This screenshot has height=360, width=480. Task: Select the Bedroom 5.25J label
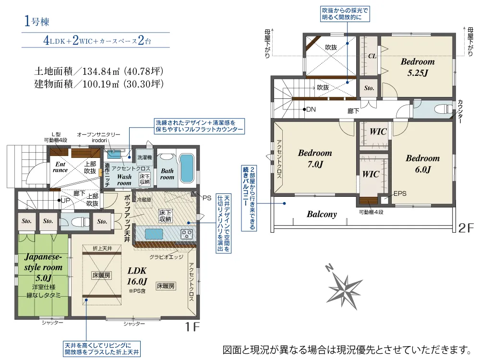pyautogui.click(x=418, y=67)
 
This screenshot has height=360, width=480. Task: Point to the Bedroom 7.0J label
pyautogui.click(x=315, y=158)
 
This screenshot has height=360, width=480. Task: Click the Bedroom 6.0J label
pyautogui.click(x=423, y=164)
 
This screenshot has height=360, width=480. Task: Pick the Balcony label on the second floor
pyautogui.click(x=322, y=214)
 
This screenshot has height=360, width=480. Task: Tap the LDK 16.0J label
pyautogui.click(x=137, y=276)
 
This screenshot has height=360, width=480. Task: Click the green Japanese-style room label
pyautogui.click(x=43, y=267)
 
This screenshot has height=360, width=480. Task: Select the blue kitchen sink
pyautogui.click(x=154, y=234)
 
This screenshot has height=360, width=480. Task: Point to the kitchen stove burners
pyautogui.click(x=186, y=234)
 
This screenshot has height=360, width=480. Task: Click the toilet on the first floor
pyautogui.click(x=76, y=221)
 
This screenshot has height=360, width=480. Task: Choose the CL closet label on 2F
pyautogui.click(x=372, y=56)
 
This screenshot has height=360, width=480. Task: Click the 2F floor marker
pyautogui.click(x=466, y=228)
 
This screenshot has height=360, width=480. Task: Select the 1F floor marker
pyautogui.click(x=192, y=326)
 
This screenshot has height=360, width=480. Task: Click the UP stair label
pyautogui.click(x=65, y=201)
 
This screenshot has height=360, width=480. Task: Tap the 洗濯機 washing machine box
pyautogui.click(x=144, y=157)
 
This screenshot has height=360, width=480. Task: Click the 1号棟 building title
pyautogui.click(x=36, y=21)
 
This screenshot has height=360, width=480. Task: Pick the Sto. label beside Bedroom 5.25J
pyautogui.click(x=369, y=88)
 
